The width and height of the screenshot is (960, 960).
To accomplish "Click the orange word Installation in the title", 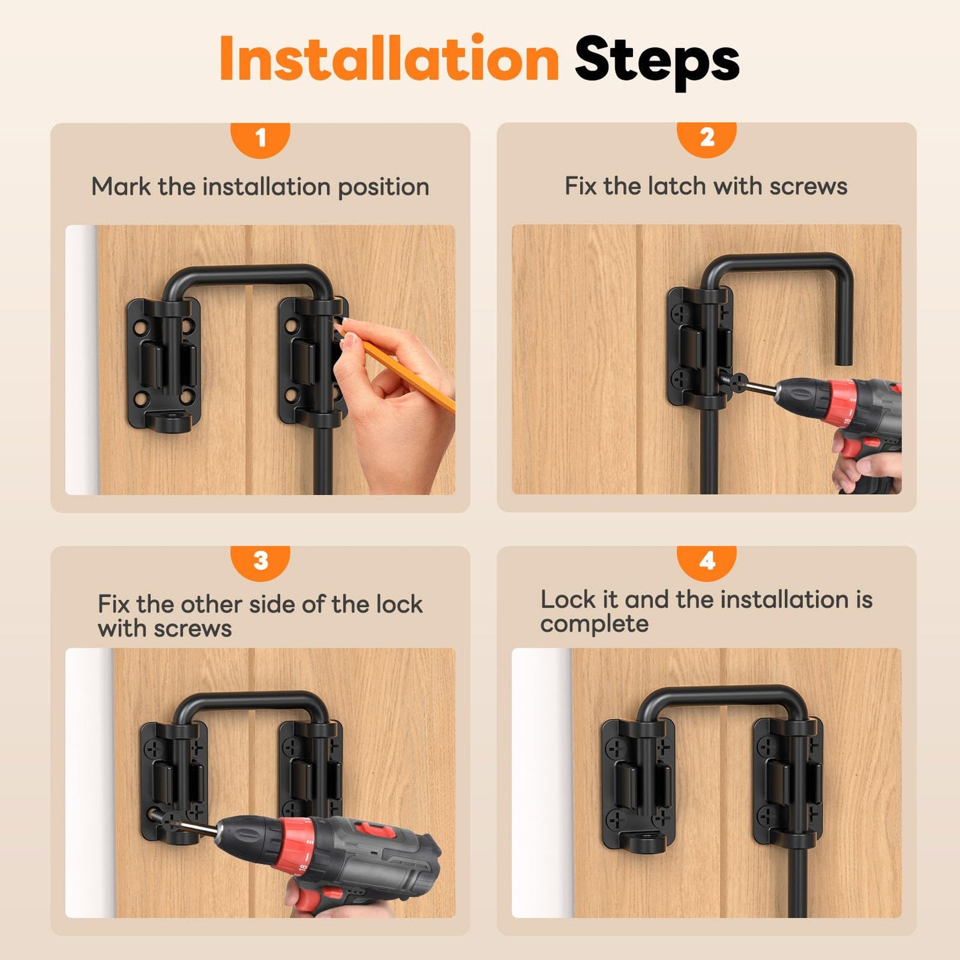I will tap(389, 60).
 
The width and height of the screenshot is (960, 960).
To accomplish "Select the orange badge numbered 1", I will tap(260, 138).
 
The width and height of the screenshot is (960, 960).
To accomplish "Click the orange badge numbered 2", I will tap(707, 138).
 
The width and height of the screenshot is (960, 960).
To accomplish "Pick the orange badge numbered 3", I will tap(260, 561).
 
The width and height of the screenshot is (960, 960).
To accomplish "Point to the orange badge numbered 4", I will tap(707, 561).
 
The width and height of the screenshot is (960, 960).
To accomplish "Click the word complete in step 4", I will tap(594, 624).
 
